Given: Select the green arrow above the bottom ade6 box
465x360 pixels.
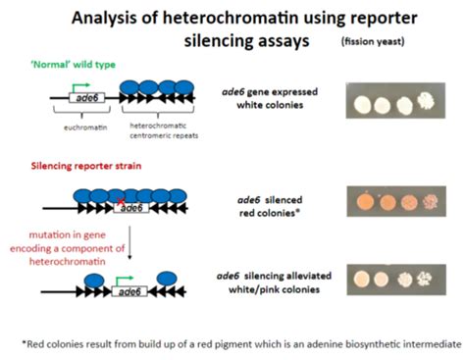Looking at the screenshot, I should tap(119, 281).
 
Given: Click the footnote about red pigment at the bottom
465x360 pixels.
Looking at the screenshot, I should tap(232, 344).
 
